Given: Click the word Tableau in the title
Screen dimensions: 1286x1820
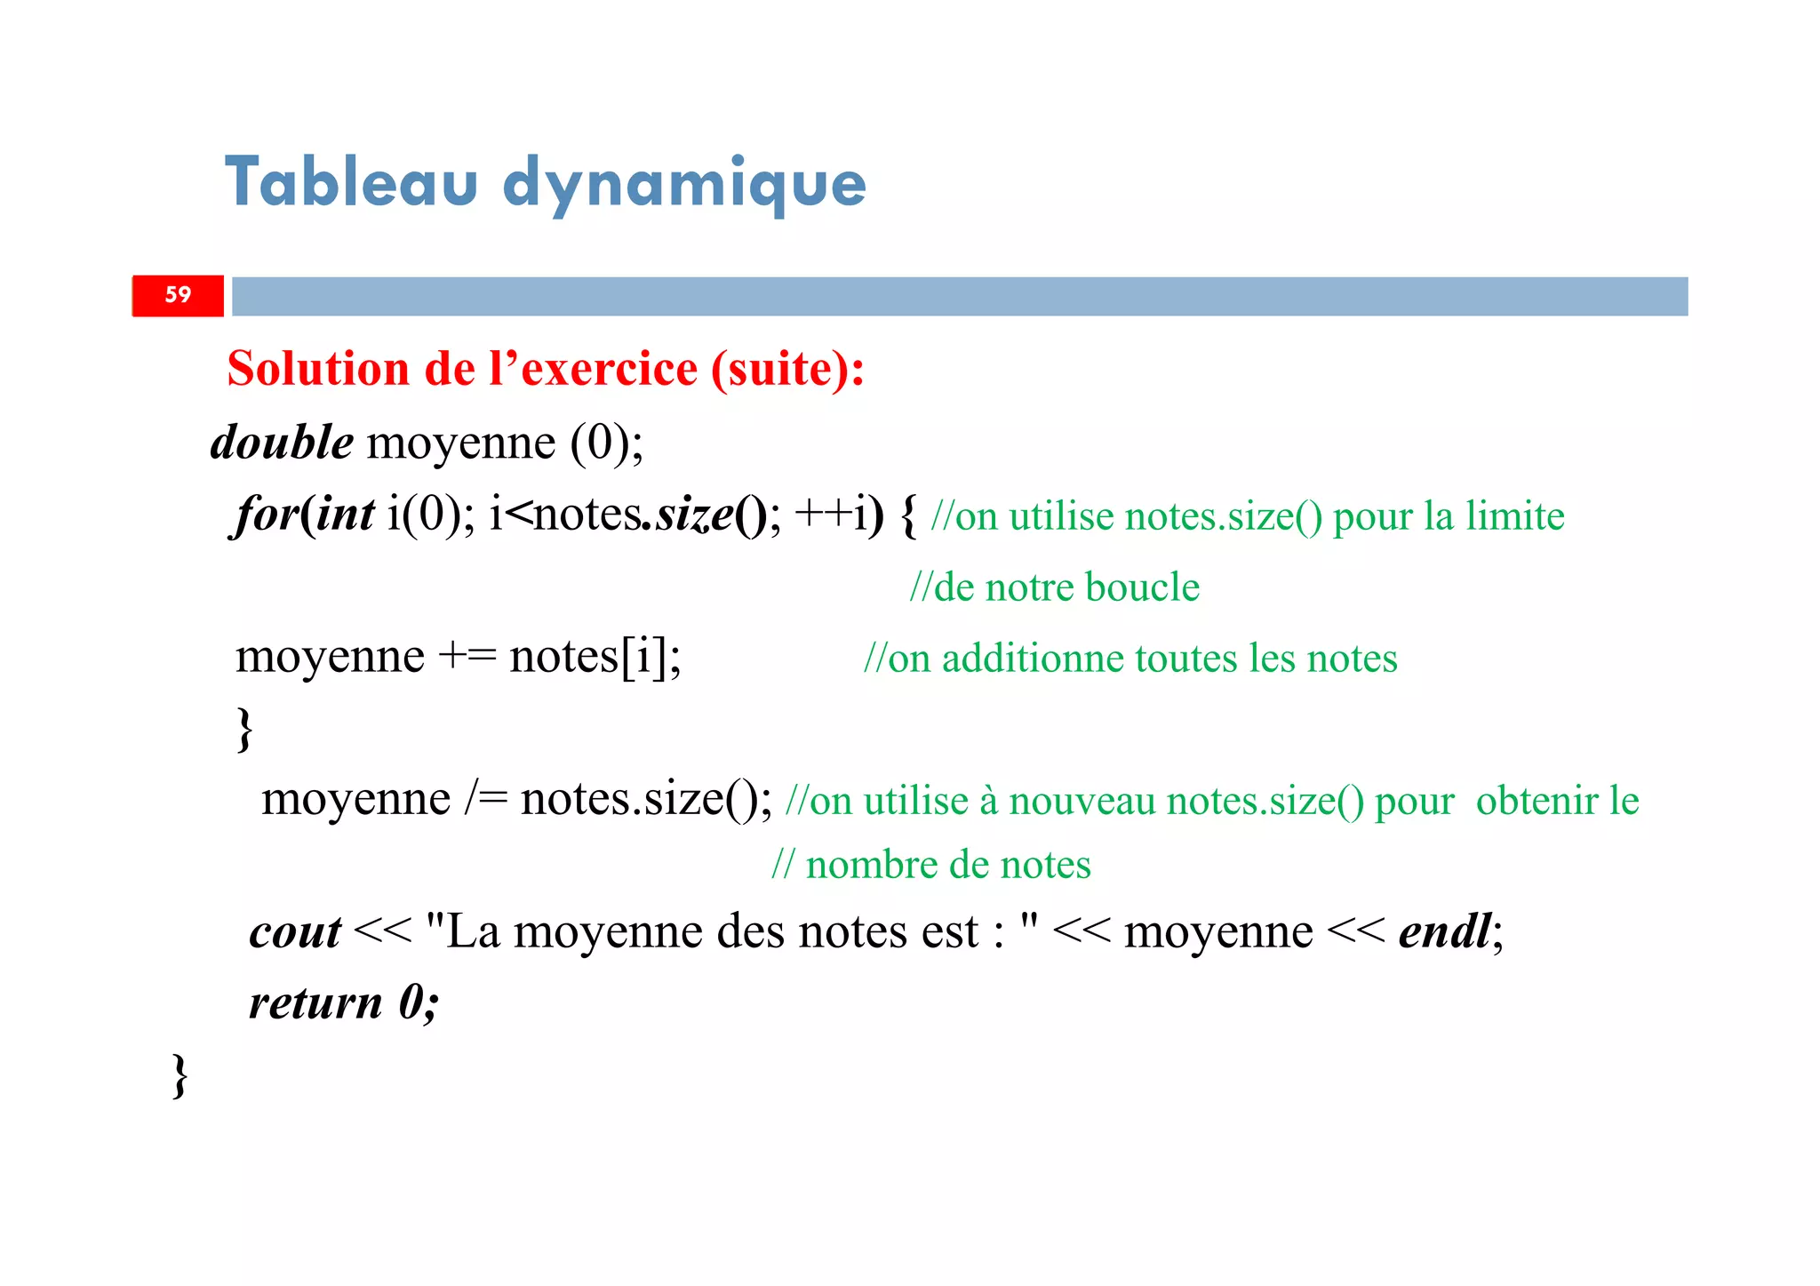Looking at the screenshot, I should [x=351, y=182].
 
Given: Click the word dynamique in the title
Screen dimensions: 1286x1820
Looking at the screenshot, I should [x=684, y=185].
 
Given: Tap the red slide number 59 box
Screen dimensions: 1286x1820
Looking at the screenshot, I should [x=178, y=295].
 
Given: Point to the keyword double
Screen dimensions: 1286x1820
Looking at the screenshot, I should [x=282, y=442].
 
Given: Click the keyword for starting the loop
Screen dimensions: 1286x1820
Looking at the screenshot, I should [x=264, y=515].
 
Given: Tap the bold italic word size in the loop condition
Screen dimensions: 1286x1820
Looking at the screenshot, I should [x=694, y=515].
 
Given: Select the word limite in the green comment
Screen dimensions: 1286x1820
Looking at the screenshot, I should [x=1514, y=515].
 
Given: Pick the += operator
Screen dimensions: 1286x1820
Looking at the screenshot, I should [x=467, y=658].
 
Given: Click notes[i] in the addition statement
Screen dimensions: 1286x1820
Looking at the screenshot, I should [x=594, y=658].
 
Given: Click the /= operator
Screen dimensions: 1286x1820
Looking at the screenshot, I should [x=485, y=799].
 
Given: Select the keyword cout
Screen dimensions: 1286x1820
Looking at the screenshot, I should [x=295, y=932].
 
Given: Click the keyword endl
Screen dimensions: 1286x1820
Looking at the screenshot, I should [x=1445, y=931].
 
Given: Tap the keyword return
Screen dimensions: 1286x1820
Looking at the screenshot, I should [x=315, y=1002].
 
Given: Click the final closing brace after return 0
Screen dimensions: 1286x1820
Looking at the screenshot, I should [x=180, y=1075].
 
